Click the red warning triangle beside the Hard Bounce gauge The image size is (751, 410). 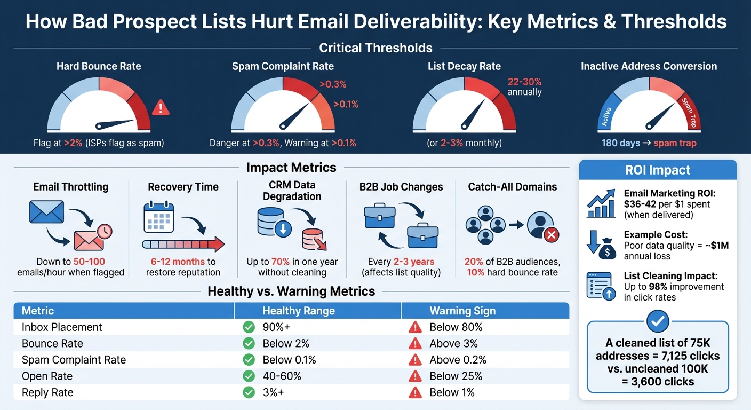160,108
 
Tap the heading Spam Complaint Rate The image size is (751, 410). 283,67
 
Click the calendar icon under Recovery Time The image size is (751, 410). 159,219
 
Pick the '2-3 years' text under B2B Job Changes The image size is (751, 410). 414,262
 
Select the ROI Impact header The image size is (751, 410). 657,170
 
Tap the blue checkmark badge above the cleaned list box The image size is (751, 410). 657,320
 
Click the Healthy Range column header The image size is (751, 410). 299,311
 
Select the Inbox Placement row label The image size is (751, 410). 62,327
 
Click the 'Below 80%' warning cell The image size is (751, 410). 456,327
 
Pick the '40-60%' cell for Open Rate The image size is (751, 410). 282,376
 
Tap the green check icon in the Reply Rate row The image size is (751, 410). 249,393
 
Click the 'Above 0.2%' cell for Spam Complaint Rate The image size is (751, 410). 458,360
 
